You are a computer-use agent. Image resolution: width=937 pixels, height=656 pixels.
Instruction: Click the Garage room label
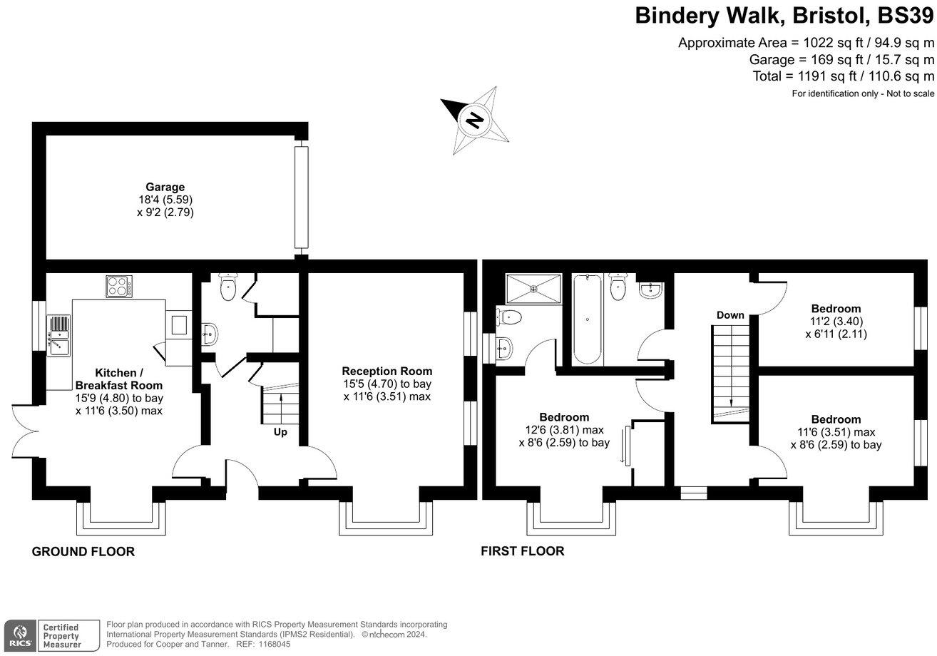click(x=165, y=188)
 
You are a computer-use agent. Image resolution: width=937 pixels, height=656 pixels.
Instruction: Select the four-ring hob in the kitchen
click(x=118, y=286)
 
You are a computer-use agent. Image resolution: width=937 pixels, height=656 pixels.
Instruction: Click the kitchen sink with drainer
click(x=59, y=334)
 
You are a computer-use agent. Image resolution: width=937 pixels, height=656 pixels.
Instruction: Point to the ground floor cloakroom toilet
click(x=227, y=287)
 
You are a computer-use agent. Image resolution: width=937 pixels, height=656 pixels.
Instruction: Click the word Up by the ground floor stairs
click(x=281, y=431)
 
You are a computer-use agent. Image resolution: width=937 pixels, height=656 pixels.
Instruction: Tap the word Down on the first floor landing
click(x=730, y=315)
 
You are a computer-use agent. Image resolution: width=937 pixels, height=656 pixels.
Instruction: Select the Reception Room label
click(x=386, y=371)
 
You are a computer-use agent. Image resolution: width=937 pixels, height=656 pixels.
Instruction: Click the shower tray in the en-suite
click(x=533, y=289)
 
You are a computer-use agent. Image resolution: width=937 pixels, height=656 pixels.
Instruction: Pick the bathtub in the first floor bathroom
click(x=587, y=319)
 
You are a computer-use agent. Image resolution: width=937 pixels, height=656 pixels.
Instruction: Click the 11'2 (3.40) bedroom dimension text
click(x=836, y=321)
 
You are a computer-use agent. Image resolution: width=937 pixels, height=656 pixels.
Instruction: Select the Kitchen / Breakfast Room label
click(x=119, y=379)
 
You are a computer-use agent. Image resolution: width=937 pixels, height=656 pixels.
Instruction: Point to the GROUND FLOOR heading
click(x=83, y=551)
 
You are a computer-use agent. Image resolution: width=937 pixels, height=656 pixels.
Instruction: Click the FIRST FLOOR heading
click(x=522, y=550)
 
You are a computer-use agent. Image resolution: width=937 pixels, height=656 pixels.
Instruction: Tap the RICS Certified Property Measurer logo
click(x=51, y=634)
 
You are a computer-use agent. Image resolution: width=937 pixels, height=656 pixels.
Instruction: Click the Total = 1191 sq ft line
click(x=843, y=76)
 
